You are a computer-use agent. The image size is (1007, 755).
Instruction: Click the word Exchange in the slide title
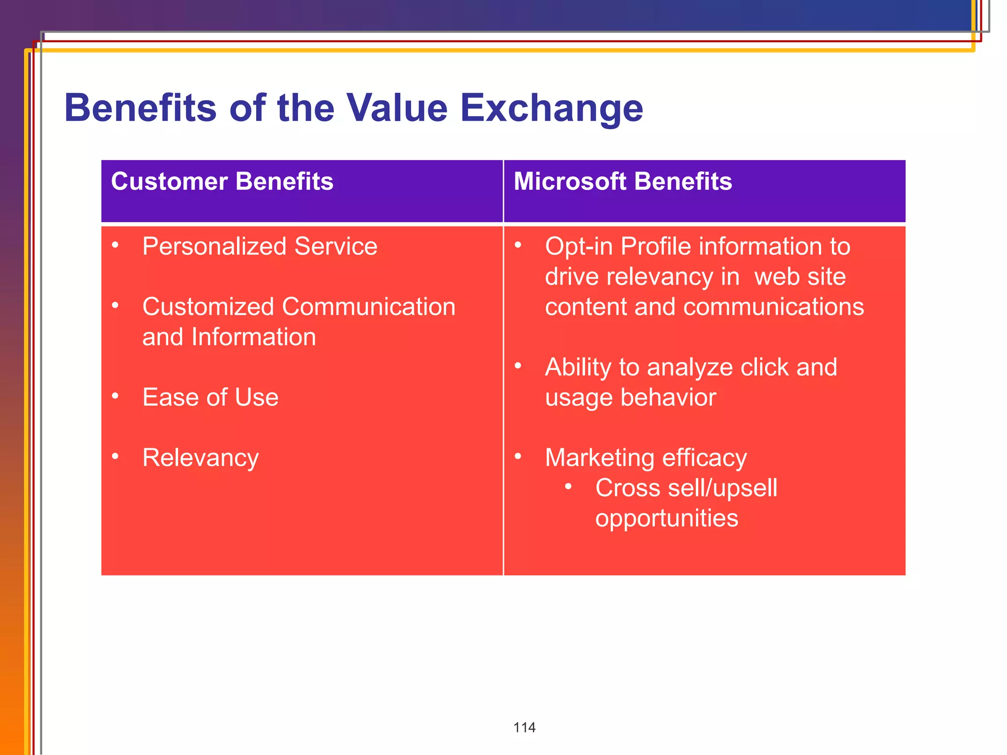tap(551, 108)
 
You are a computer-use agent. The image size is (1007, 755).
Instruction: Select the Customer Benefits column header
tap(222, 181)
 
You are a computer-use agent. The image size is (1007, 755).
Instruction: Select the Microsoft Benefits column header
tap(622, 181)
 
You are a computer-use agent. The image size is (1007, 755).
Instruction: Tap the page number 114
tap(524, 727)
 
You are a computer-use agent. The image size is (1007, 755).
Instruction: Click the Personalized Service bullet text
tap(260, 246)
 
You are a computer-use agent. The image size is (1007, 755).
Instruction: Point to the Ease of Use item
tap(210, 397)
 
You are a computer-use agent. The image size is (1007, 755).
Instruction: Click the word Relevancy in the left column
tap(200, 458)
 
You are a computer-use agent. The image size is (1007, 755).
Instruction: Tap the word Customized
tap(208, 307)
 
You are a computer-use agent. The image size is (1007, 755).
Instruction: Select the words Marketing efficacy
tap(646, 458)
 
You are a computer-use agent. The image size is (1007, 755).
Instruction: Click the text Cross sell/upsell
tap(686, 488)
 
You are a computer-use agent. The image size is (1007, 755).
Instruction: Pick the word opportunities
tap(666, 518)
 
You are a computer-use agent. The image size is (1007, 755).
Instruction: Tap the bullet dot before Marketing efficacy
tap(518, 456)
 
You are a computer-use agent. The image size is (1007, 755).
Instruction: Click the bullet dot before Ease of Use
tap(115, 396)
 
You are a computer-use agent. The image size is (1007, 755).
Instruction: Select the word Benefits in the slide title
tap(141, 108)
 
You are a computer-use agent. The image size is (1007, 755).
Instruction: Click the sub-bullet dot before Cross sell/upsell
tap(568, 487)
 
